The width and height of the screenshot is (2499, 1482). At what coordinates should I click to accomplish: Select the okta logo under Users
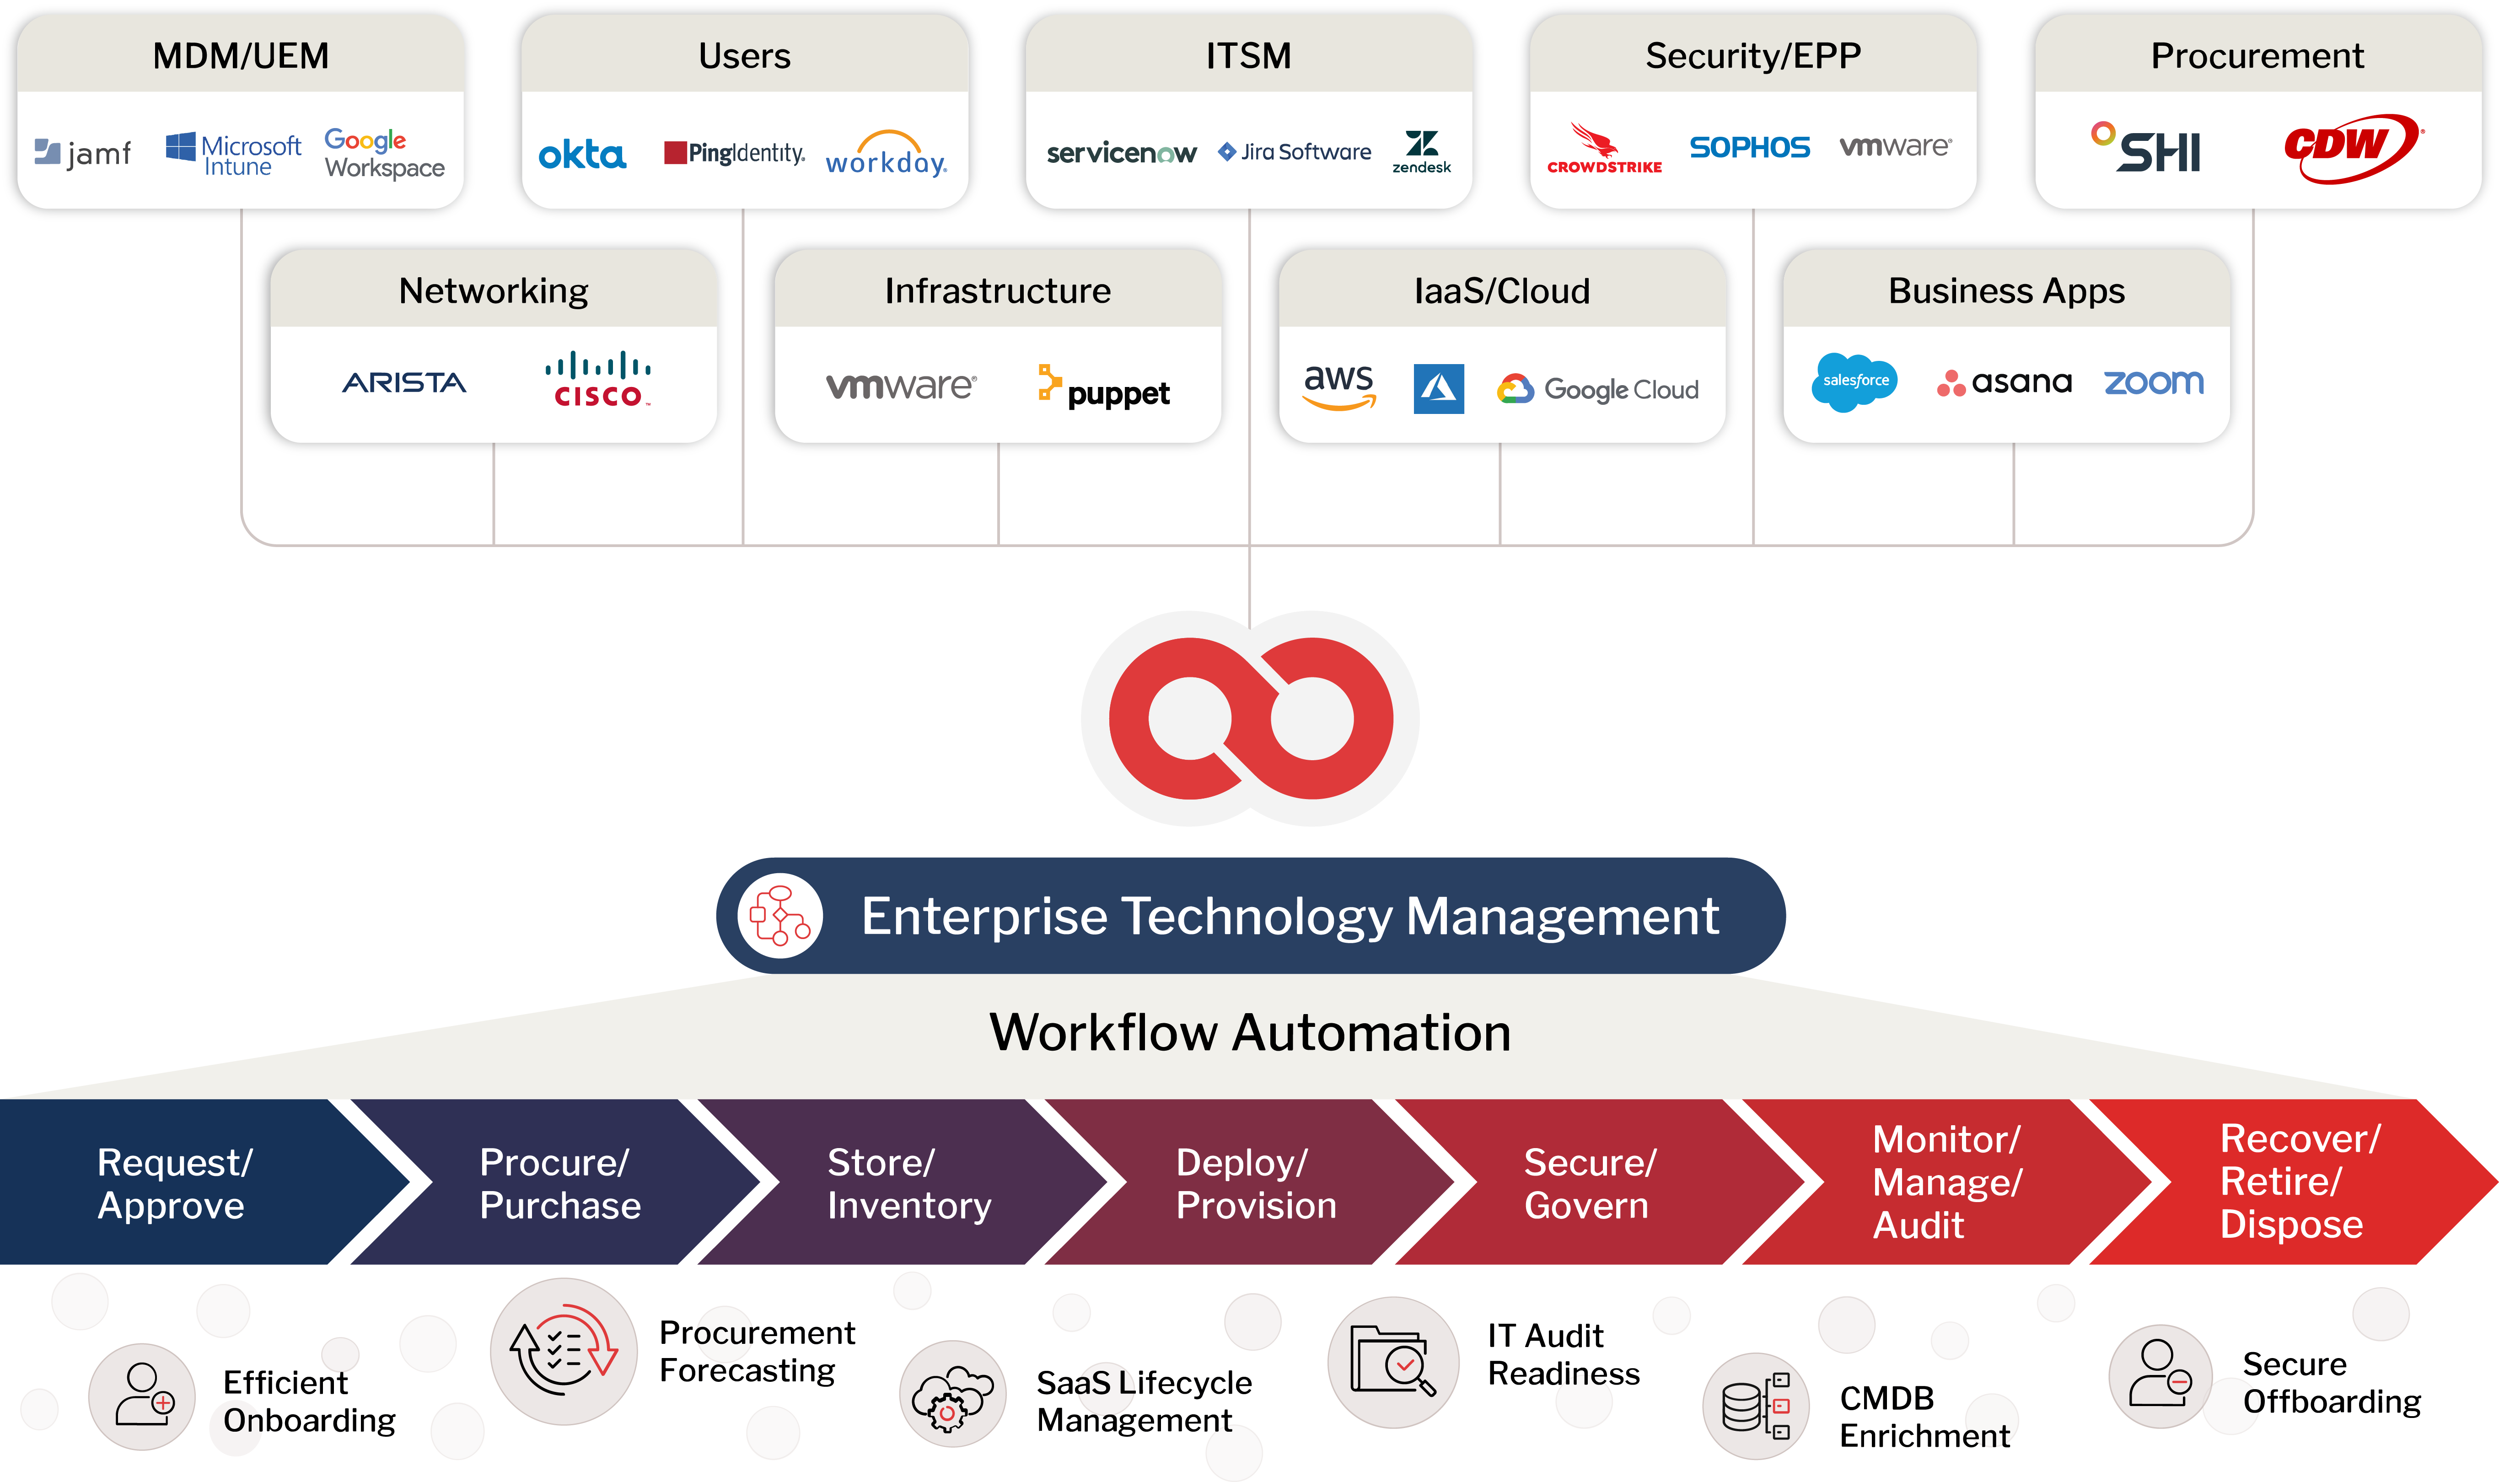(x=582, y=155)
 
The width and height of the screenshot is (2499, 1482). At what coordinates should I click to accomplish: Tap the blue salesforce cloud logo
(x=1854, y=381)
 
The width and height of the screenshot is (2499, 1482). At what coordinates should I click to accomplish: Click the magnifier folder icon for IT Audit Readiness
(x=1393, y=1361)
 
